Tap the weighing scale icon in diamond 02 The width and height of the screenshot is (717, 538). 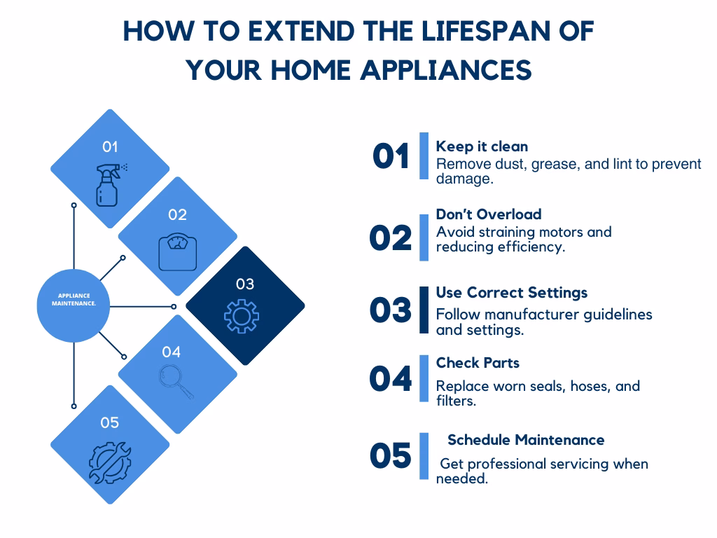(x=177, y=252)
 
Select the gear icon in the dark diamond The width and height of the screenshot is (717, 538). (x=242, y=316)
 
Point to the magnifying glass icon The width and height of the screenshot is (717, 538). (x=176, y=382)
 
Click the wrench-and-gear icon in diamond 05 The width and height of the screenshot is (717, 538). (x=110, y=463)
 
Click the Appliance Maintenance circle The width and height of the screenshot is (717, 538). (x=73, y=305)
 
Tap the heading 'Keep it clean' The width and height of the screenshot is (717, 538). (x=482, y=146)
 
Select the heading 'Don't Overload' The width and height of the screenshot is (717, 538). (x=488, y=214)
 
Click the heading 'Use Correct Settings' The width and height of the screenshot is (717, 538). (x=512, y=293)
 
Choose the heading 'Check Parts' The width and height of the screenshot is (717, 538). (x=478, y=363)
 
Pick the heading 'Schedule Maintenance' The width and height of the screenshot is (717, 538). (x=526, y=440)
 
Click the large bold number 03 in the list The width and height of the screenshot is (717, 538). (x=391, y=310)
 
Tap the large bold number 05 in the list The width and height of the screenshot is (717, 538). (x=391, y=455)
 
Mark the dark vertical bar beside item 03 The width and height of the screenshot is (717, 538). (x=424, y=310)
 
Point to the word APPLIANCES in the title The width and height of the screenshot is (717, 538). (x=446, y=71)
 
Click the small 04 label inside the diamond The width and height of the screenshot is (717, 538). (x=171, y=352)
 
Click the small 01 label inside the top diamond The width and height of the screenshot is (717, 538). (x=110, y=147)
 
